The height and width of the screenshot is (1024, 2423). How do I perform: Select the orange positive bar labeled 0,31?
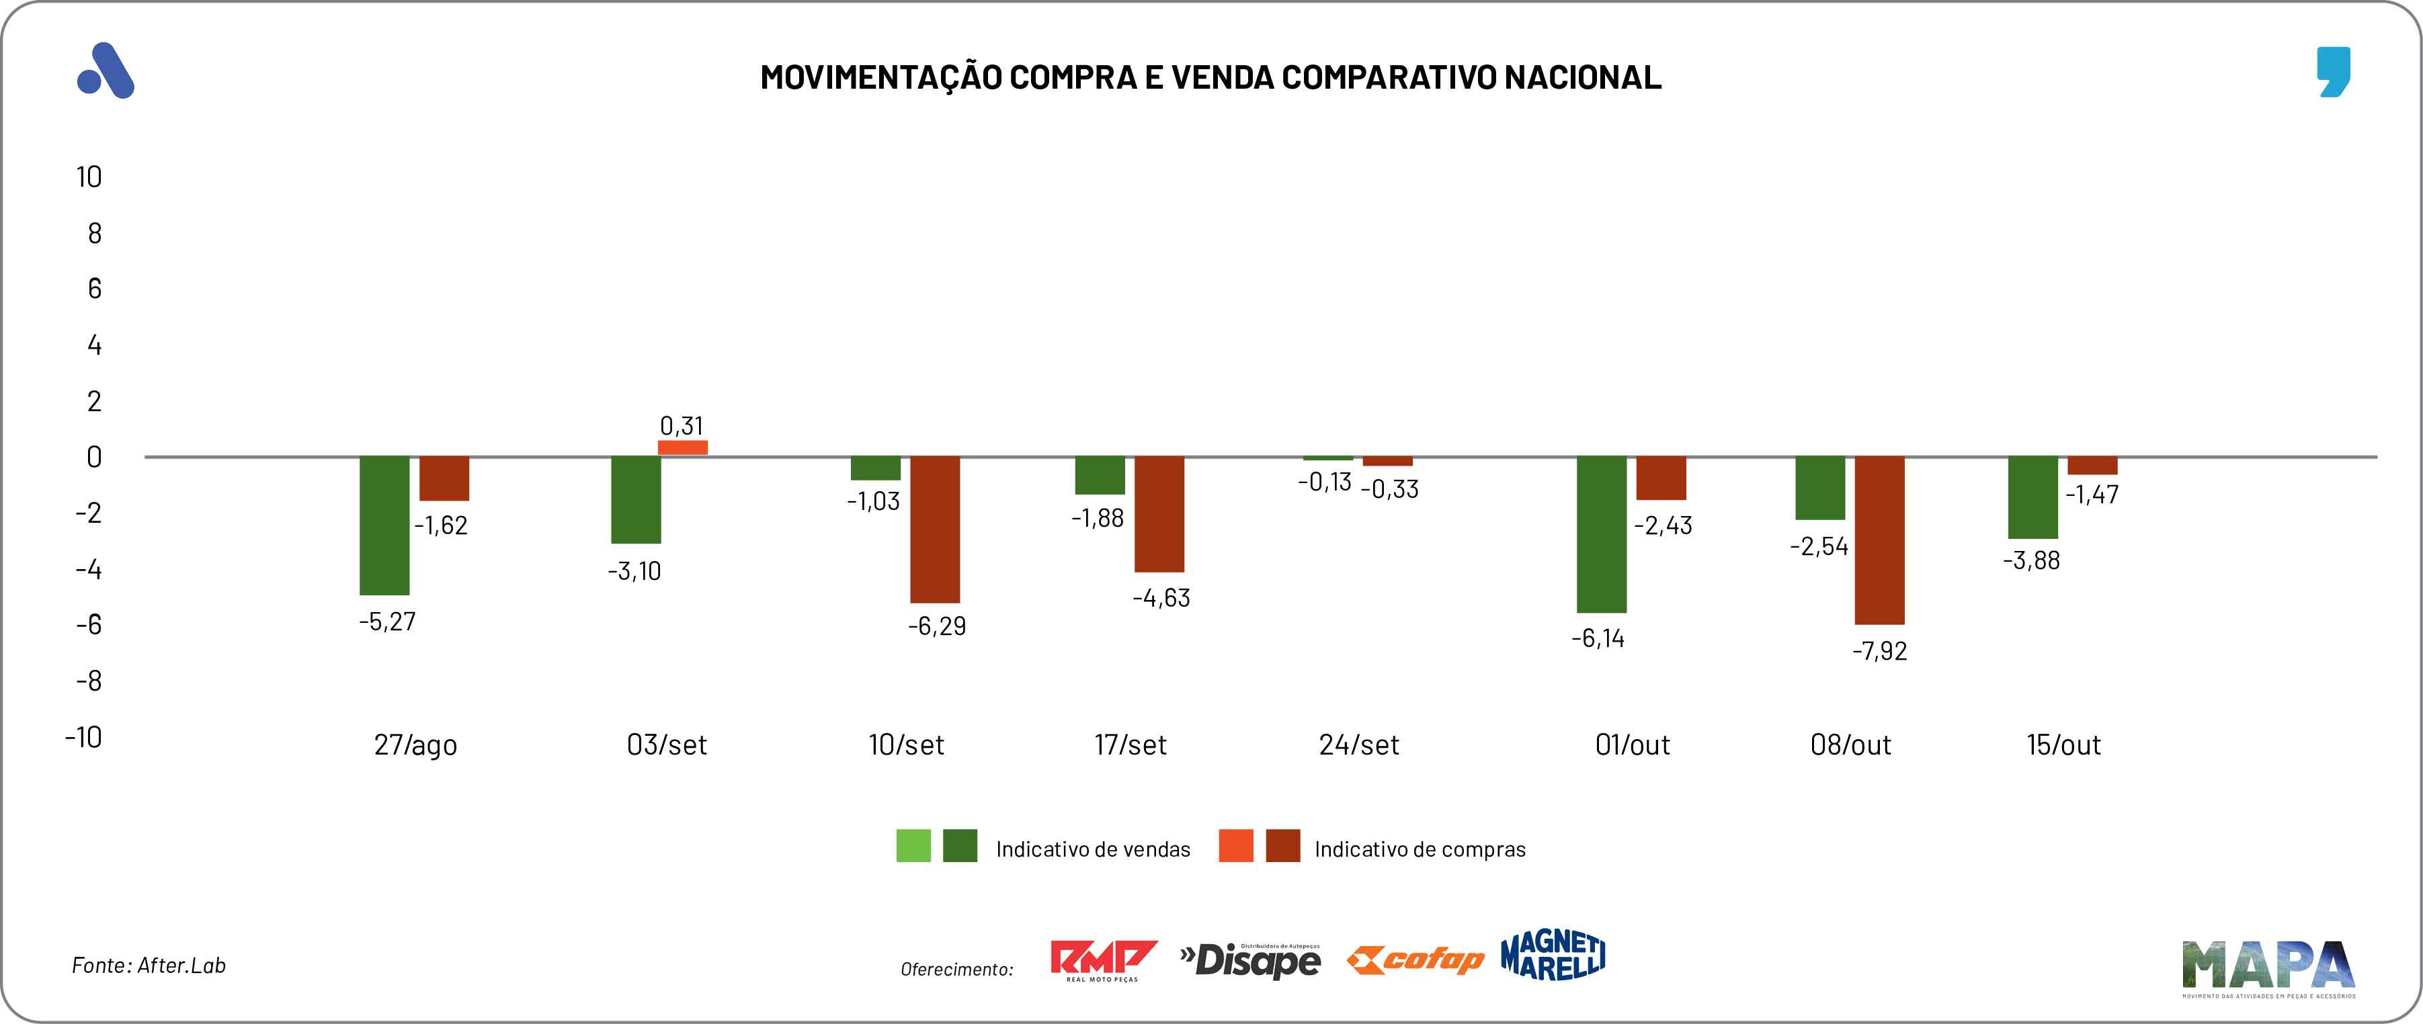pos(683,447)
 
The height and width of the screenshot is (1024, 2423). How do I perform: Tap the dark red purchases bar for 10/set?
pos(935,529)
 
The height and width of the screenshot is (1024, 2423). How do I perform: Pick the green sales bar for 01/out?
pos(1601,534)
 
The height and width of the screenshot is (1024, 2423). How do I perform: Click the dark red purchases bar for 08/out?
pos(1879,541)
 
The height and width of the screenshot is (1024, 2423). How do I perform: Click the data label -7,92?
pos(1879,650)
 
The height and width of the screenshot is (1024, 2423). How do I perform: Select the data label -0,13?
pos(1324,482)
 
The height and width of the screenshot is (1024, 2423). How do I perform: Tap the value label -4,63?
pos(1161,598)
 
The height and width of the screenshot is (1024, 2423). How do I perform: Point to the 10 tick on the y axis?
pos(89,177)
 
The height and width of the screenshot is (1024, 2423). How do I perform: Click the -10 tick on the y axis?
pos(84,736)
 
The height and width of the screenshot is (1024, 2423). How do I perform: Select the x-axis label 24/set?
pos(1358,744)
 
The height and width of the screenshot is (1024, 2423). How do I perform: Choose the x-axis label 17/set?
pos(1130,744)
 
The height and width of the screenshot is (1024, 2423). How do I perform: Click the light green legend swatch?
pos(913,845)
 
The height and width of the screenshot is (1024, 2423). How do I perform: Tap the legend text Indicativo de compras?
pos(1420,849)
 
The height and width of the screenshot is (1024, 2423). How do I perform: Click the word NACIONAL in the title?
pos(1582,77)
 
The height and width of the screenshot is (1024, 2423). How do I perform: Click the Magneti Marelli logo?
pos(1553,955)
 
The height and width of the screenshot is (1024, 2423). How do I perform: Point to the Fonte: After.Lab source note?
pos(149,966)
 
